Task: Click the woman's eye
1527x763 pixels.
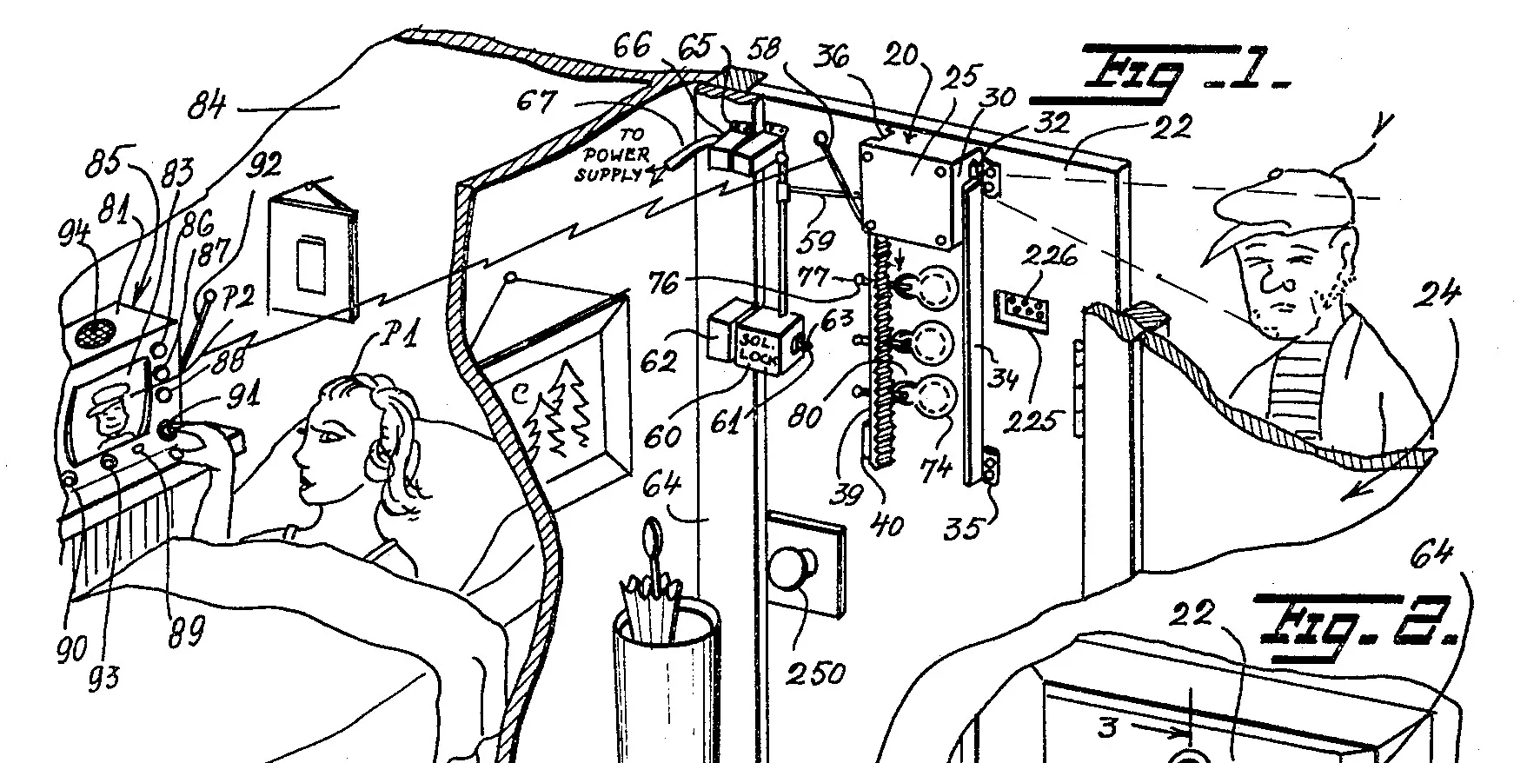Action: pyautogui.click(x=329, y=435)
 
